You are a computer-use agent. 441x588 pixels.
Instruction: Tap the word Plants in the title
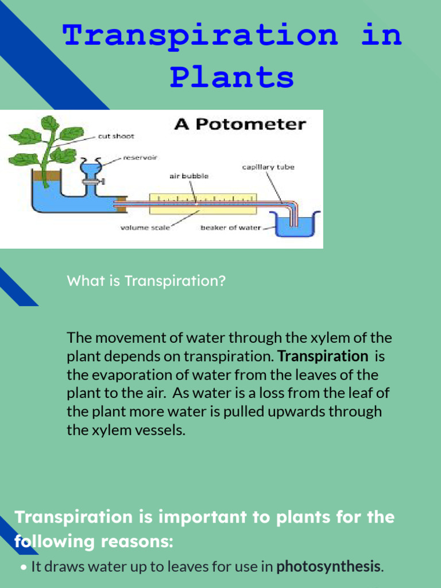(231, 77)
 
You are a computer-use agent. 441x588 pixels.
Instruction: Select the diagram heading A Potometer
(240, 124)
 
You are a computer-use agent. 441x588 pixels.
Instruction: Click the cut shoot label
(116, 137)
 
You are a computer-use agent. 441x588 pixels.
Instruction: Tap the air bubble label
(188, 176)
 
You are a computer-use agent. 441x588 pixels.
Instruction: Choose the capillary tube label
(268, 167)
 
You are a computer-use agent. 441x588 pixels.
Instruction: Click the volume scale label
(145, 228)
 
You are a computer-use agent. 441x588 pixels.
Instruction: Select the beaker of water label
(230, 228)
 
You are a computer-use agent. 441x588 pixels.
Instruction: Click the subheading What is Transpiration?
(146, 281)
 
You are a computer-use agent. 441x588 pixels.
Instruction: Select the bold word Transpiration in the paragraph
(323, 356)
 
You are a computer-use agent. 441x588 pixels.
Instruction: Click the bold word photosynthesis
(328, 567)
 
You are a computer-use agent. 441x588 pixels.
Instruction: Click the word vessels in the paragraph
(163, 430)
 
